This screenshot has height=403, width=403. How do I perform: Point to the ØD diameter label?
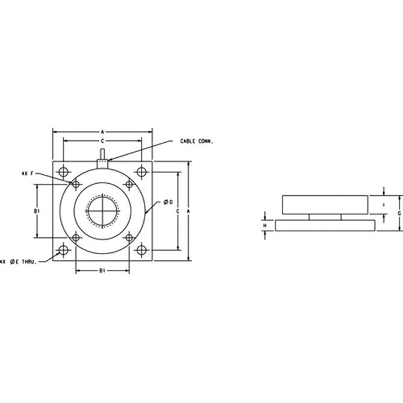pos(169,202)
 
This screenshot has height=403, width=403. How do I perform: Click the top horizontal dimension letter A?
pos(103,130)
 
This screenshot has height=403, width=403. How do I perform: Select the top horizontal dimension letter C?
pos(103,140)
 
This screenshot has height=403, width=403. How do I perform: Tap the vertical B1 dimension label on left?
pos(37,211)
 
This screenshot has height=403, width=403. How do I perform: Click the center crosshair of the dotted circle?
pos(103,211)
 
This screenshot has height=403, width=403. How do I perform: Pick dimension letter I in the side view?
pos(384,205)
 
